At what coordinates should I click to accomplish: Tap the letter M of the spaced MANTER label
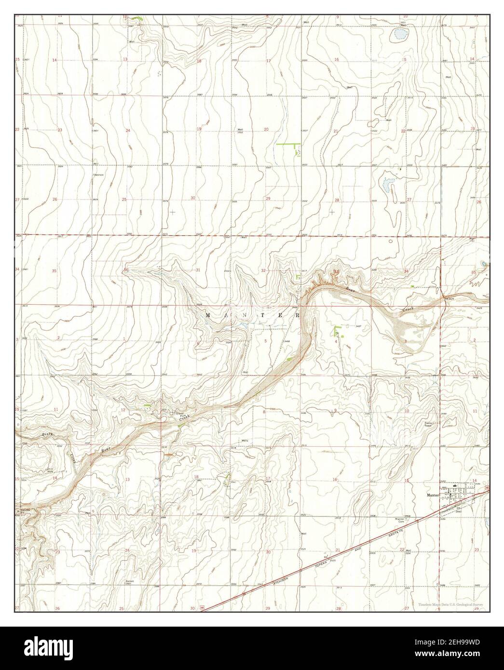[x=208, y=315]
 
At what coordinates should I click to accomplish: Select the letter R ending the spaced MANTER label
[x=298, y=315]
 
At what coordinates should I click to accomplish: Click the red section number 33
[x=337, y=272]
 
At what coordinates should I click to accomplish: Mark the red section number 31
[x=198, y=270]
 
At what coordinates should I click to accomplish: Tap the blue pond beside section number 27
[x=389, y=184]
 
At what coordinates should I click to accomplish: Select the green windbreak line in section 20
[x=287, y=144]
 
